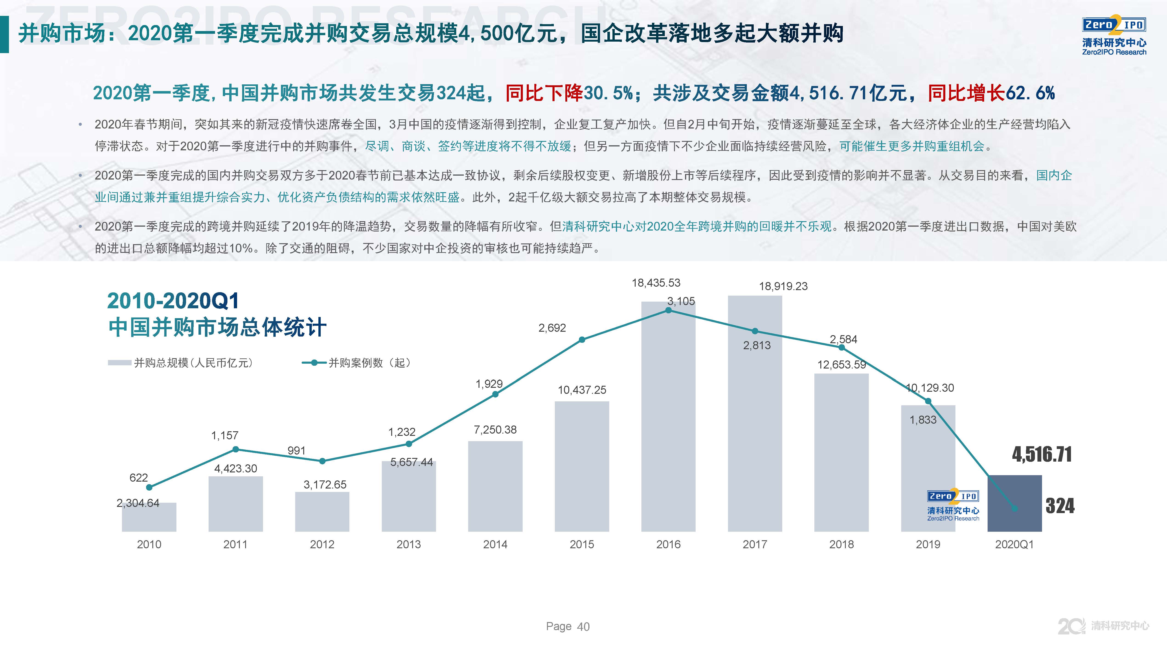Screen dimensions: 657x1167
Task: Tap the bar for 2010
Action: click(149, 518)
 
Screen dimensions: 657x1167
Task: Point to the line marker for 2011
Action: click(235, 449)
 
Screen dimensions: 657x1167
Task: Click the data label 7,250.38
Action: click(495, 429)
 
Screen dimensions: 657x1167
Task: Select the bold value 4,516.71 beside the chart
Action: click(1042, 454)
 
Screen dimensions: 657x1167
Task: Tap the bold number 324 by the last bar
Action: click(1060, 506)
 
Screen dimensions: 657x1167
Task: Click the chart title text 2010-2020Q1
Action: click(173, 301)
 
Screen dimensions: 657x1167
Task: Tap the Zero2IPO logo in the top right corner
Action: click(1114, 36)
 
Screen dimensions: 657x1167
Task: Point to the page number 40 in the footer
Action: click(583, 627)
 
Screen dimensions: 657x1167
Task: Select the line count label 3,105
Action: click(681, 301)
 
